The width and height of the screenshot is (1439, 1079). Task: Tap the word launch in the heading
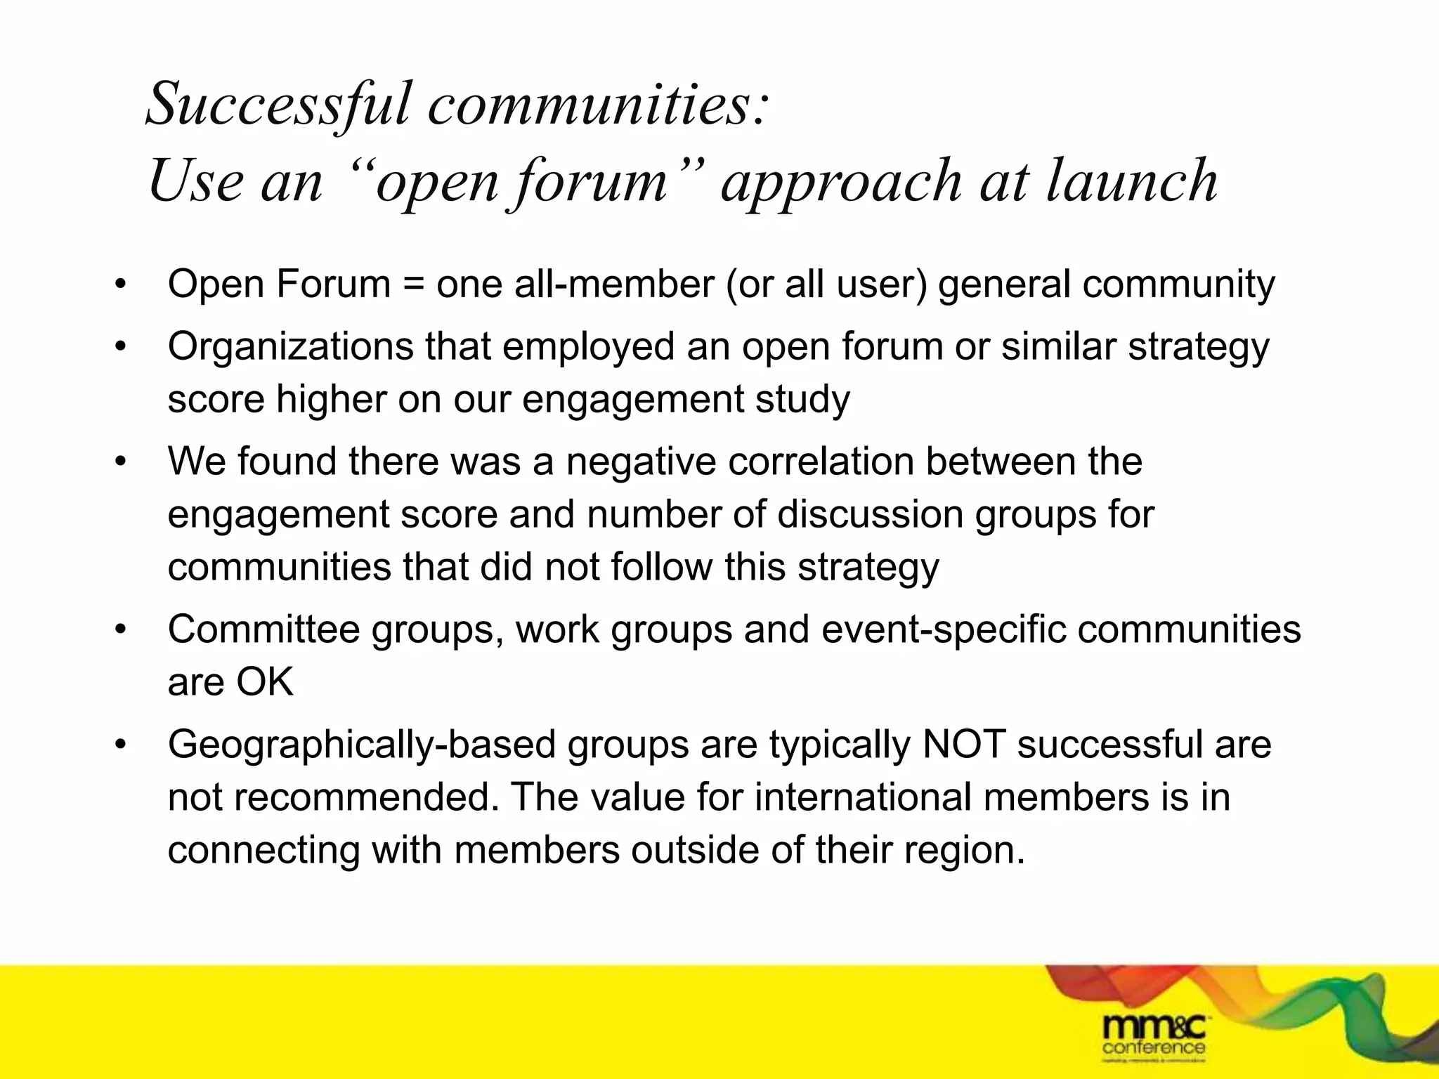click(1132, 181)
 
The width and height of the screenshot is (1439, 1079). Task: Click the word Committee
click(263, 629)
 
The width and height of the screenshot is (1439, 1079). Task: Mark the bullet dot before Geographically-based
click(121, 744)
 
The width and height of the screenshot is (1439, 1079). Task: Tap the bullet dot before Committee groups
click(121, 629)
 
